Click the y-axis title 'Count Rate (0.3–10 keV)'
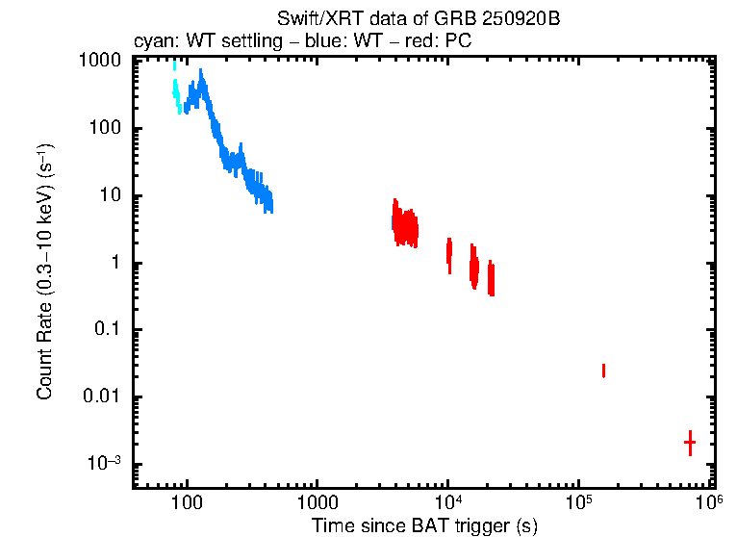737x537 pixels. pos(44,272)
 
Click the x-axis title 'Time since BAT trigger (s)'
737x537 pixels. pos(424,525)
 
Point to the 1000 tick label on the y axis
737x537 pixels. pos(99,61)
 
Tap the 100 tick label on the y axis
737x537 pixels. pos(103,128)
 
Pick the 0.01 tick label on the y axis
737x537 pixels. pos(101,397)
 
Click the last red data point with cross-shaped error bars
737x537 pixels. pos(690,442)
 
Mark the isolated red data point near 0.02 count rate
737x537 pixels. pos(603,371)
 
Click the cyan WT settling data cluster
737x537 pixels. pos(176,91)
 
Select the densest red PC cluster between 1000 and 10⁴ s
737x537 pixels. pos(405,226)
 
